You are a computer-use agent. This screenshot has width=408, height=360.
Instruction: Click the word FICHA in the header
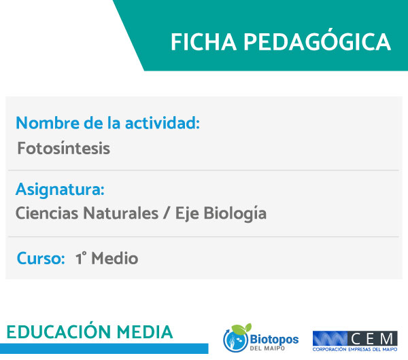coord(203,42)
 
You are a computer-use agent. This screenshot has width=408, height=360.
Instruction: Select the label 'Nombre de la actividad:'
coord(107,123)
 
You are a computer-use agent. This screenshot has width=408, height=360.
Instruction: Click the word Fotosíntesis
coord(64,148)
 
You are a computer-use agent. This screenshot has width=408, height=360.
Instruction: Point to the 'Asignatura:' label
coord(60,190)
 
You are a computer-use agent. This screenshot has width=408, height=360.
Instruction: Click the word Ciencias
coord(47,213)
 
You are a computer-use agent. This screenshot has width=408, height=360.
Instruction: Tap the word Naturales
coord(121,213)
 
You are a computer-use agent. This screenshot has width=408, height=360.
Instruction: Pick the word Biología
coord(235,214)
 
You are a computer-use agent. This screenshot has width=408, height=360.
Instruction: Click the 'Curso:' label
coord(41,258)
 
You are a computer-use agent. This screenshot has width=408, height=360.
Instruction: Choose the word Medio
coord(115,258)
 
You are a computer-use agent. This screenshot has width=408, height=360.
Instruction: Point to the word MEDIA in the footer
coord(145,332)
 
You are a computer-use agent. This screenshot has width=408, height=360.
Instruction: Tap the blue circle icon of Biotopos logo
coord(235,340)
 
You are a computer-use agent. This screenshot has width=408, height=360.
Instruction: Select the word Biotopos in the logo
coord(274,339)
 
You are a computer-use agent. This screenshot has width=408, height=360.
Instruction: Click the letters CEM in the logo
coord(372,339)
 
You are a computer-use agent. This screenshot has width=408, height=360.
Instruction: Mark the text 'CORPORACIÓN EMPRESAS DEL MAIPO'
coord(355,349)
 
